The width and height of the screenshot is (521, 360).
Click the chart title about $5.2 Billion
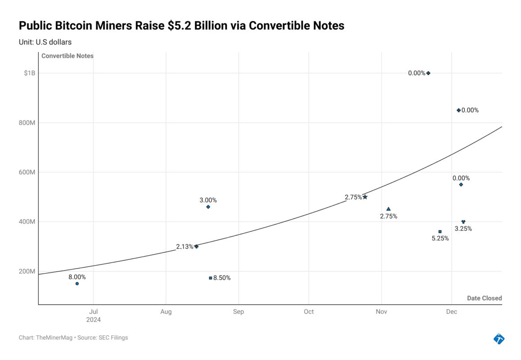181,26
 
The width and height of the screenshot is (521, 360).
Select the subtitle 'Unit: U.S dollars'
45,42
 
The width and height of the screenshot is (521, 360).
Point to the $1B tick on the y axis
30,73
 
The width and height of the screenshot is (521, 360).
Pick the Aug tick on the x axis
166,311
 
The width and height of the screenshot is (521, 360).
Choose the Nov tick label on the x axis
382,311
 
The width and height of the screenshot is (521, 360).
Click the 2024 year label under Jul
94,320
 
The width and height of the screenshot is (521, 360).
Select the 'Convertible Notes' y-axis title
67,56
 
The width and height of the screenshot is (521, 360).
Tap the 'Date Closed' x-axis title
484,298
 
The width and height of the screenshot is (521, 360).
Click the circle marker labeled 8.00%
77,283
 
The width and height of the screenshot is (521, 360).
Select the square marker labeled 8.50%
210,278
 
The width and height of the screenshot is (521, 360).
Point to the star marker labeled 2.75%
365,197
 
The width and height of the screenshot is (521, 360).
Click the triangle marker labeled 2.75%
388,209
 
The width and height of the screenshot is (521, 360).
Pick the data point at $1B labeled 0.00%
428,73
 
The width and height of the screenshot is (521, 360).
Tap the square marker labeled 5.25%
440,232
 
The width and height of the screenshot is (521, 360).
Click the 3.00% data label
208,200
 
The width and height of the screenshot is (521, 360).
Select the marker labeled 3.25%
463,221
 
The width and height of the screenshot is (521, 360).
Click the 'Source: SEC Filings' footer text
103,337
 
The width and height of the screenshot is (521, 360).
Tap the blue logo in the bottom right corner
499,338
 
